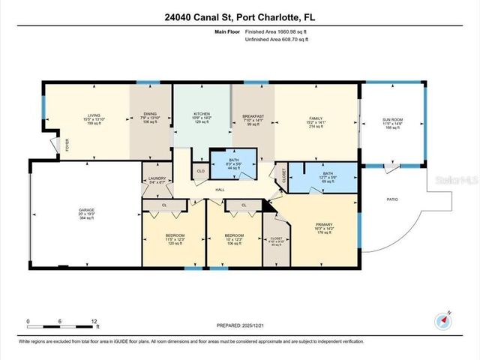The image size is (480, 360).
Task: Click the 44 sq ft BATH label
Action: click(232, 164)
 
